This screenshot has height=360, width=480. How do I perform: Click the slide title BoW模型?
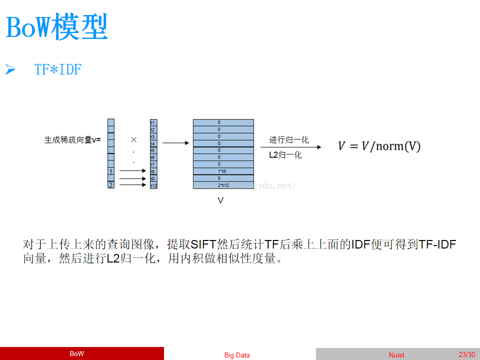tap(57, 27)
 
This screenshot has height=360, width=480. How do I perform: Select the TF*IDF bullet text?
tap(58, 70)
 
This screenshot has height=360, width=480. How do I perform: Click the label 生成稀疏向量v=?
tap(72, 140)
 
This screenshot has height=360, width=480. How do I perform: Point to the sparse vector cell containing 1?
tap(111, 171)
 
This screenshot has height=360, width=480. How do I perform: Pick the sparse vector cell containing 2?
tap(111, 185)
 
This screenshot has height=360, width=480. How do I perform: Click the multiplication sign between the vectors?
tap(133, 140)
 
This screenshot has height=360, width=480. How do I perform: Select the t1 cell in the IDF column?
tap(153, 122)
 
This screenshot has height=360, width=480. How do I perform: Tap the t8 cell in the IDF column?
tap(153, 171)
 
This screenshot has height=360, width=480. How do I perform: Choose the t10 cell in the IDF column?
tap(153, 185)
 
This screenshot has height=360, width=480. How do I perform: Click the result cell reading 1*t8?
tap(223, 171)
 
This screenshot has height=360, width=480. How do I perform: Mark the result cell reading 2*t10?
tap(223, 185)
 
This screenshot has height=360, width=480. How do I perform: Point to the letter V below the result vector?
tap(220, 200)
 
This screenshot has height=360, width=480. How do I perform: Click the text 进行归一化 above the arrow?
tap(289, 140)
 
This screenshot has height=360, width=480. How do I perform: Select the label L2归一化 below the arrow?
tap(285, 155)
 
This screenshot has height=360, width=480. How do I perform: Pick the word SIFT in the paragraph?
tap(203, 244)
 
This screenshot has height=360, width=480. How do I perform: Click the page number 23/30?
tap(466, 354)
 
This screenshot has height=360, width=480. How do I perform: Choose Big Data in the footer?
tap(237, 355)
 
